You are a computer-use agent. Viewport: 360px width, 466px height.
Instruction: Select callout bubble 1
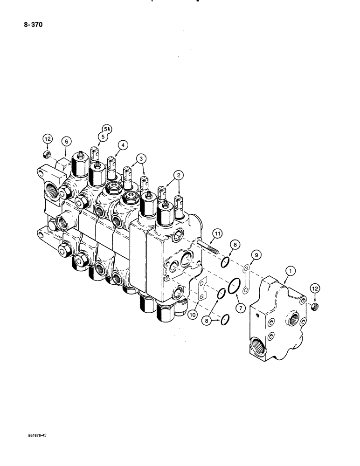coord(290,270)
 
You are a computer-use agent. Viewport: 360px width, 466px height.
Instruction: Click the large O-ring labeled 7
coord(235,285)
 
